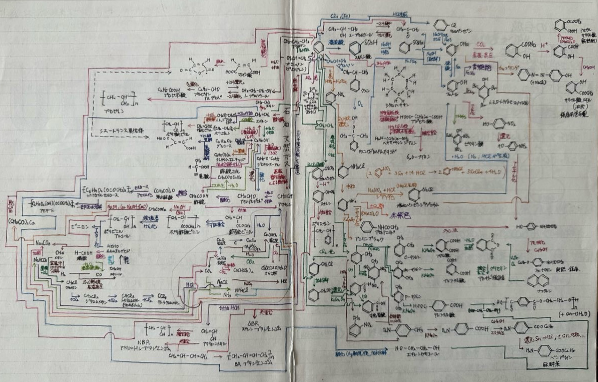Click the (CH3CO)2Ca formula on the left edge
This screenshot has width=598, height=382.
(x=21, y=222)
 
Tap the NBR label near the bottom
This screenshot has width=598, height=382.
(x=144, y=342)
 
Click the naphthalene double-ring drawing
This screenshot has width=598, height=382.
(x=538, y=281)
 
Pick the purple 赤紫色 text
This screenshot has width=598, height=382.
(x=399, y=215)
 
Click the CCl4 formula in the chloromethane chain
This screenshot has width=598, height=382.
(x=162, y=297)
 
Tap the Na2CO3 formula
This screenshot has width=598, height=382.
(x=43, y=243)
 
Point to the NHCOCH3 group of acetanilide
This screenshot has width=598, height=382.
(x=388, y=227)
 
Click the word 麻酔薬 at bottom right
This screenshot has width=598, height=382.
(x=552, y=364)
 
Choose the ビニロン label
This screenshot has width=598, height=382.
(x=79, y=227)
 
